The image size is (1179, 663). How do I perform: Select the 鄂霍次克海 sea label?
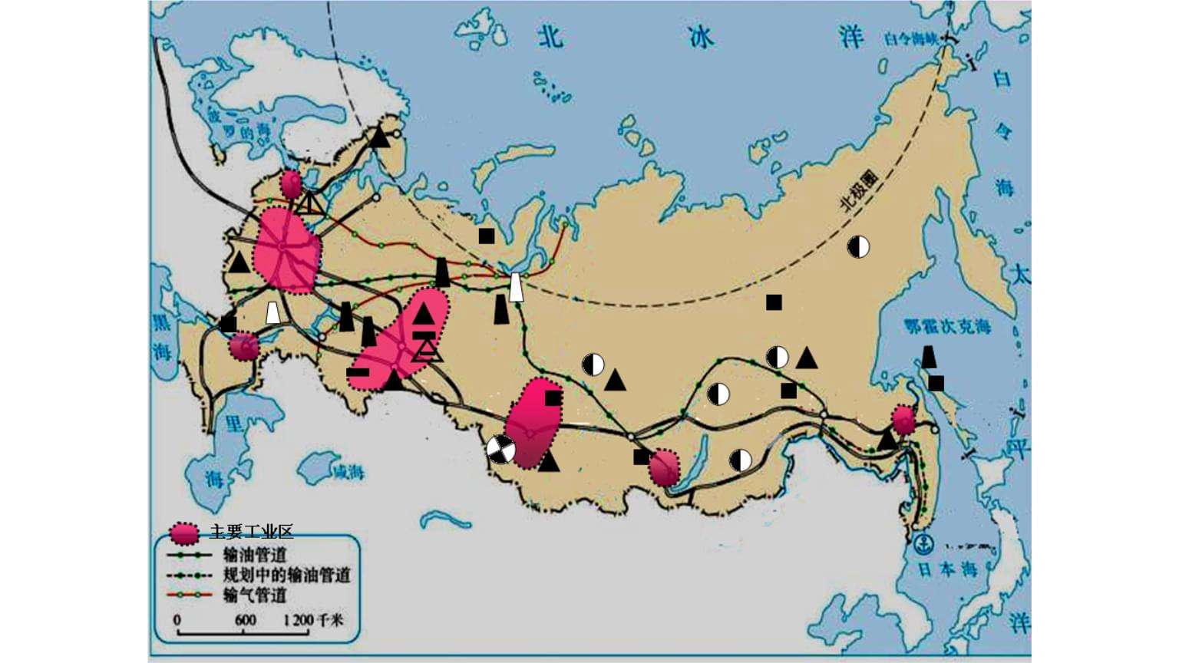(x=946, y=327)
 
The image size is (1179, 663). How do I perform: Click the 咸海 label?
(x=345, y=472)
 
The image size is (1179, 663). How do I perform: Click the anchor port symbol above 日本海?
(x=924, y=544)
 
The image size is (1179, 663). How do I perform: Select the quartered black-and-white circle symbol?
(x=501, y=449)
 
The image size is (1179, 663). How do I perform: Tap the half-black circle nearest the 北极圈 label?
(x=858, y=246)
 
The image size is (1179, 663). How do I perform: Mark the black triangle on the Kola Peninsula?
(x=379, y=137)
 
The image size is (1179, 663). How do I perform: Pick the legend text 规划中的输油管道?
(x=286, y=575)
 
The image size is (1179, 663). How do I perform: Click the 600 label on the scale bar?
(x=245, y=620)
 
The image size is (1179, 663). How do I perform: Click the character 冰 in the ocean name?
(x=699, y=38)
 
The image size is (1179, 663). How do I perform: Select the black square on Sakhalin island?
(x=936, y=383)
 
